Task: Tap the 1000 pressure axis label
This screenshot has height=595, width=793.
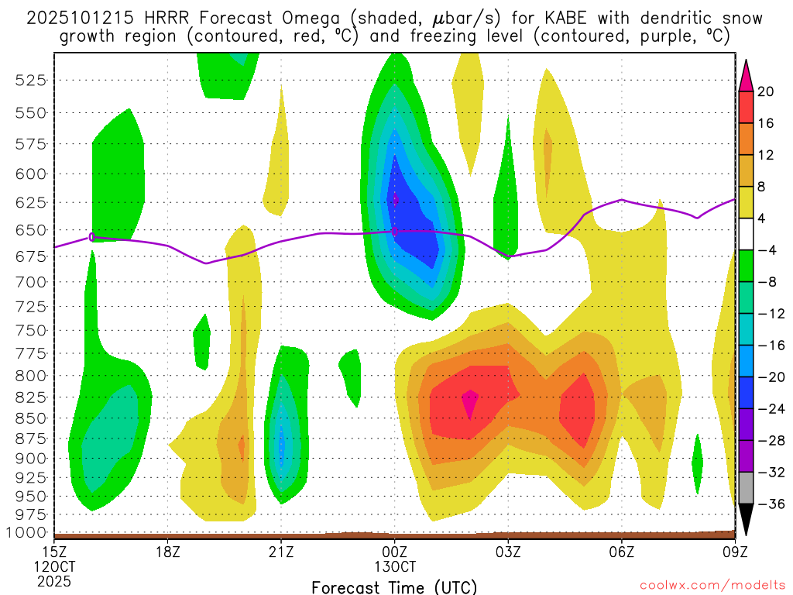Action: click(x=31, y=533)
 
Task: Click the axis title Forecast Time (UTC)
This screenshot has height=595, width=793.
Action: click(x=394, y=586)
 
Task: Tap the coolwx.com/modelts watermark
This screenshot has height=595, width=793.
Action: click(x=711, y=584)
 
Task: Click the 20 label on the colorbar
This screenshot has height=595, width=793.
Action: click(x=766, y=91)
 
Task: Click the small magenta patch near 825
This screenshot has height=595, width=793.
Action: click(x=470, y=402)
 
